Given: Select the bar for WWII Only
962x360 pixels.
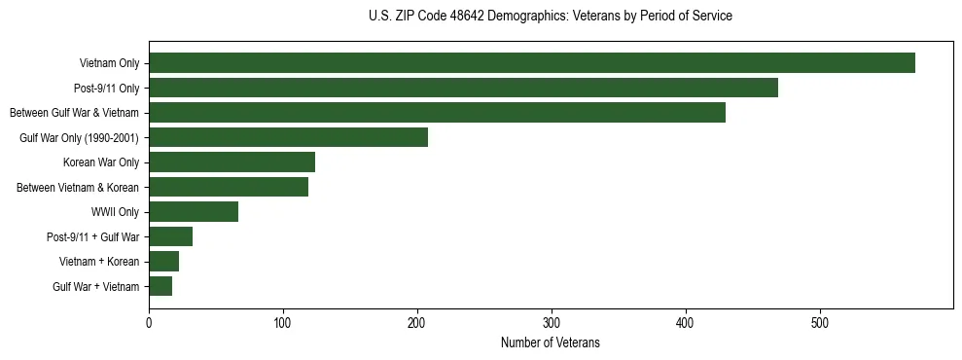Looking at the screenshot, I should (194, 211).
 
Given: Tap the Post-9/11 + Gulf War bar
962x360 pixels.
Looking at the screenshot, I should (170, 236).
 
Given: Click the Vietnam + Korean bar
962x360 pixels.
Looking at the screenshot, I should (163, 261).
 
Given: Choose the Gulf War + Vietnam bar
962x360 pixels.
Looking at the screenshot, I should (160, 286).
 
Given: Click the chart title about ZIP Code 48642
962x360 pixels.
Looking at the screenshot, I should (551, 17).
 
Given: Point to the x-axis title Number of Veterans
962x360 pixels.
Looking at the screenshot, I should (551, 343).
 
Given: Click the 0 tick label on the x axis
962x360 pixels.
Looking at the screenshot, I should (149, 323).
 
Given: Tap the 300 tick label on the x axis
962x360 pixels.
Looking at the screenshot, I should (552, 323).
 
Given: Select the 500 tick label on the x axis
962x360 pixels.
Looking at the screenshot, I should (820, 323).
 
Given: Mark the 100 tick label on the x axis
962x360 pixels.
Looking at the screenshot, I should (283, 323).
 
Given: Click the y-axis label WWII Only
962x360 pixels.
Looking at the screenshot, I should (115, 212).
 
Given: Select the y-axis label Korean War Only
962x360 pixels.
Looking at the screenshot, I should (101, 162).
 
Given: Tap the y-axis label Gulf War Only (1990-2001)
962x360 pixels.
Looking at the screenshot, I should (80, 138).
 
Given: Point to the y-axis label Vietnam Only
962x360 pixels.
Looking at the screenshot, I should (109, 64).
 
